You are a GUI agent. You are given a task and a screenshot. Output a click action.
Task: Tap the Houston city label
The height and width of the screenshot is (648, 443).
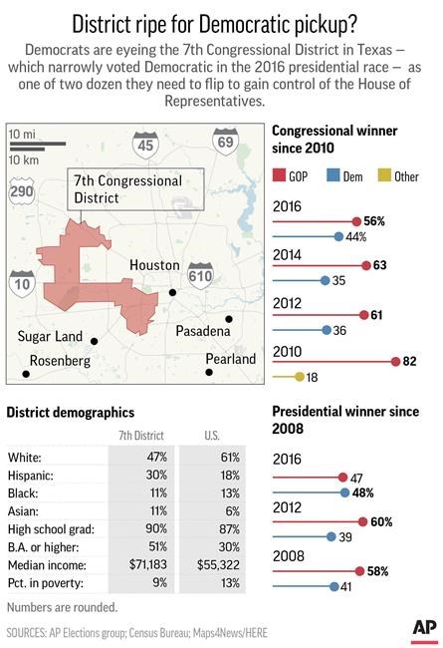point(153,267)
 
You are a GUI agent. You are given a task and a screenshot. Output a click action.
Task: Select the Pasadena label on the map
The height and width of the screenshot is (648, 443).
point(207,330)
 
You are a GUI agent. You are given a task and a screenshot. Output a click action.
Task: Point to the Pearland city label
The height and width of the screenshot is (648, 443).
point(229,358)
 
